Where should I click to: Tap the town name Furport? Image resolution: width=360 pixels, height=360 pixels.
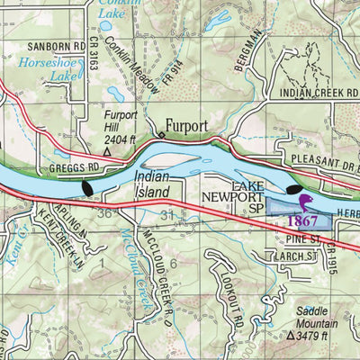coord(186,126)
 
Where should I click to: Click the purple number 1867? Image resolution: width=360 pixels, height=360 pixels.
coord(303,219)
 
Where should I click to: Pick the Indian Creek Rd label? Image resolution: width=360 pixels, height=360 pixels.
coord(317,92)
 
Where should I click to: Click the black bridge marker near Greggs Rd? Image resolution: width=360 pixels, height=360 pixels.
coord(87,187)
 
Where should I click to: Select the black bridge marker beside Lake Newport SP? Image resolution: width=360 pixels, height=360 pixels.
coord(294,190)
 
